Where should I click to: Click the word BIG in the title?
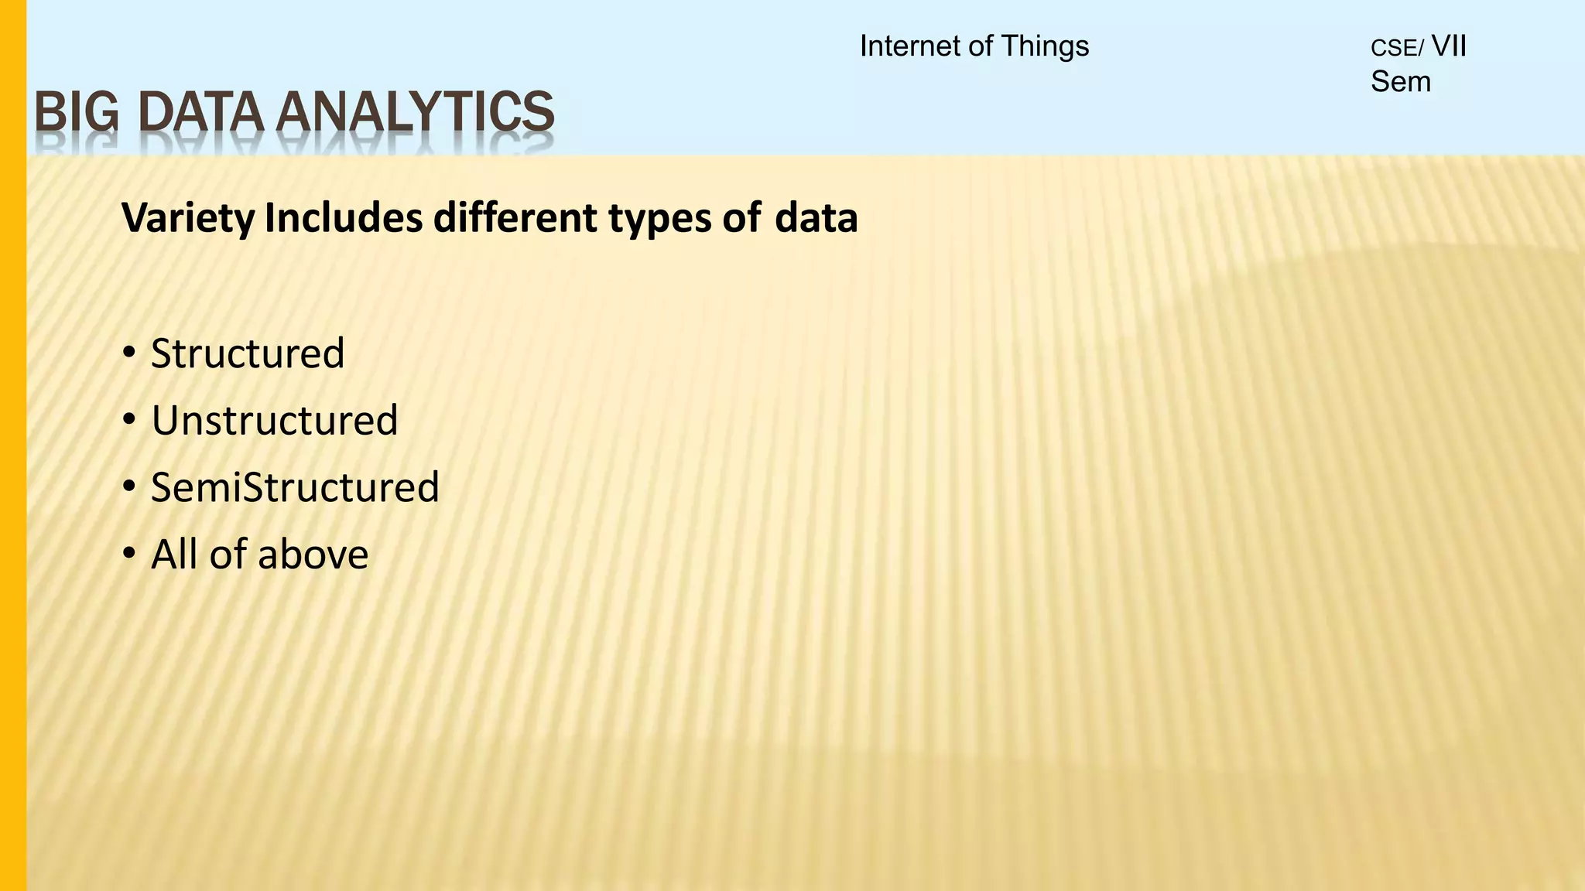click(x=77, y=113)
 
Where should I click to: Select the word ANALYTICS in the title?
click(x=415, y=113)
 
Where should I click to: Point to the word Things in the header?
click(x=1045, y=46)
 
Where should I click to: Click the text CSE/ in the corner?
click(x=1397, y=49)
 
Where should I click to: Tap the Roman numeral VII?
click(x=1450, y=46)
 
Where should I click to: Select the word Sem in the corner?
click(x=1401, y=82)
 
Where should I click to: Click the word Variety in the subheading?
click(x=188, y=219)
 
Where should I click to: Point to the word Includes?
click(x=344, y=219)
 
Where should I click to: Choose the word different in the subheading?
click(x=515, y=219)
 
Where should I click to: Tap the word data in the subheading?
click(x=816, y=219)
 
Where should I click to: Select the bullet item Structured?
click(x=248, y=354)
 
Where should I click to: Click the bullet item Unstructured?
click(x=275, y=421)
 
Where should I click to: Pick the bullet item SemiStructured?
click(x=295, y=488)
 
